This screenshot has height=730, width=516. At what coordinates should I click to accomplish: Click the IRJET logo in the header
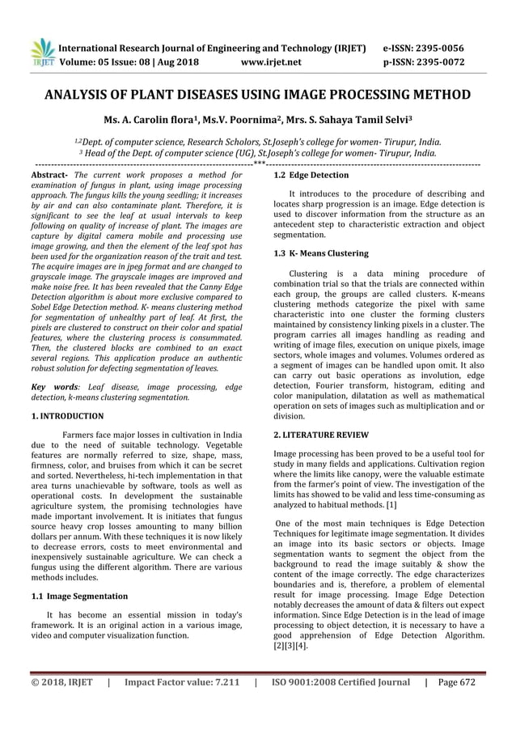click(x=40, y=51)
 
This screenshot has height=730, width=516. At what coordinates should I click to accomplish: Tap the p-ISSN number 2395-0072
click(x=452, y=60)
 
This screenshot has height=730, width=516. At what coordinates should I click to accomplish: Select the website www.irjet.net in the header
click(x=271, y=60)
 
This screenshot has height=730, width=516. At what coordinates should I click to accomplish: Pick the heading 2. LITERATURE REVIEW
click(x=322, y=435)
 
